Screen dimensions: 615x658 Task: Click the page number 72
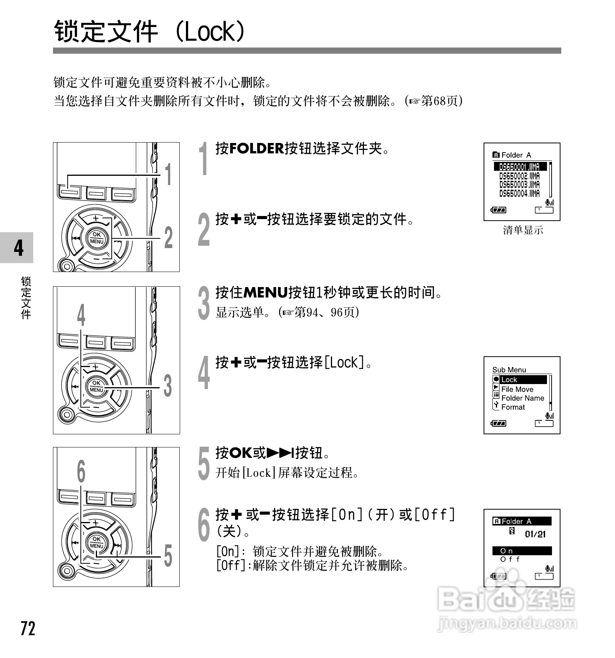(28, 629)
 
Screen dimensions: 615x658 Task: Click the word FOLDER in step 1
(256, 148)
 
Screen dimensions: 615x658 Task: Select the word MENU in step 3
(266, 292)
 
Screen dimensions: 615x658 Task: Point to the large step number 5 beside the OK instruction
(203, 464)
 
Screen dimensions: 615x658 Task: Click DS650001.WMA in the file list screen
(520, 167)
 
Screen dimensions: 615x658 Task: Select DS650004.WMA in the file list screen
(519, 193)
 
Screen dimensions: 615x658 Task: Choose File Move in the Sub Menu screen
(517, 389)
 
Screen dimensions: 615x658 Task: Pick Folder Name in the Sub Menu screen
(522, 398)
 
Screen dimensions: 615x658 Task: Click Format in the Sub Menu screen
(513, 407)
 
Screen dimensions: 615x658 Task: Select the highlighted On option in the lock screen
(521, 551)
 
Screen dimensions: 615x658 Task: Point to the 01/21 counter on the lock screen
(535, 534)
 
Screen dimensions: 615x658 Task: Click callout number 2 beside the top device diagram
(169, 238)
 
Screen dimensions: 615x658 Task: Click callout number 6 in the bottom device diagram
(81, 472)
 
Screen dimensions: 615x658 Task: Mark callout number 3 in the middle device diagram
(168, 386)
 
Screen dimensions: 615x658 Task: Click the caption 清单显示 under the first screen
(523, 231)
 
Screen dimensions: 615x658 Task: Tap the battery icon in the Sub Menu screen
(499, 423)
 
